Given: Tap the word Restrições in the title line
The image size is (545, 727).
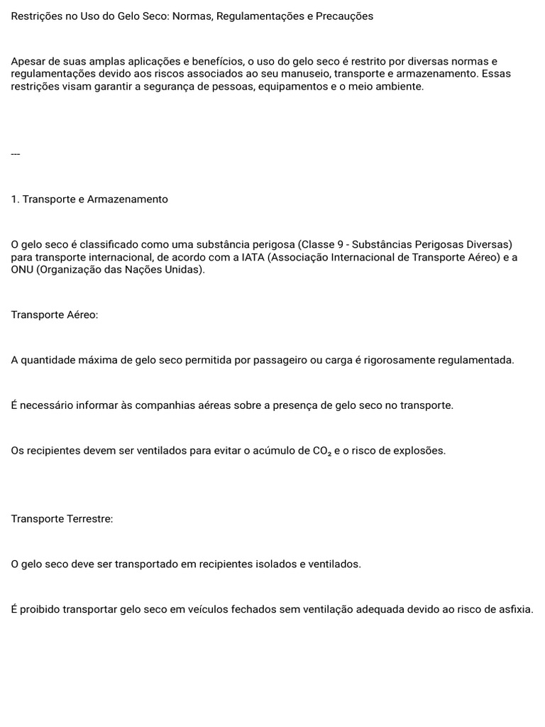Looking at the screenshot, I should click(36, 16).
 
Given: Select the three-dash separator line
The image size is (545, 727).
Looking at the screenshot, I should click(16, 153).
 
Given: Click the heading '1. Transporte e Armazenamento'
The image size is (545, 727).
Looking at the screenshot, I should click(89, 199).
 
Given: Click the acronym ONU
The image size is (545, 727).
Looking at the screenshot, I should click(23, 270).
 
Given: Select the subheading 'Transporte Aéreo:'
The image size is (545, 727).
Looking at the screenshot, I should click(55, 315).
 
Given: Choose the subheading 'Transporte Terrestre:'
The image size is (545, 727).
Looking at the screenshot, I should click(62, 519).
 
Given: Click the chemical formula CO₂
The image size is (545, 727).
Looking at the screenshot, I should click(321, 452).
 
